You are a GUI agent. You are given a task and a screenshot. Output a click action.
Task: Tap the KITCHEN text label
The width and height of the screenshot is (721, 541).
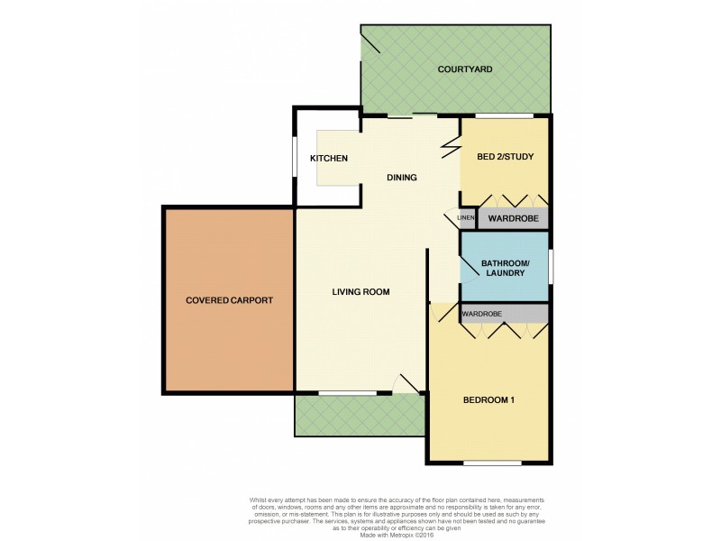(329, 159)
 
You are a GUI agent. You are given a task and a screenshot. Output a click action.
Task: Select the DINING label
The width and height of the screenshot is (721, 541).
(402, 178)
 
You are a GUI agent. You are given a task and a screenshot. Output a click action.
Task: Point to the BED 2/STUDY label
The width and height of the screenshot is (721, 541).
(505, 157)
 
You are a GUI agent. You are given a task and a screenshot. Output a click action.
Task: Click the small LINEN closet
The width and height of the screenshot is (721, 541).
(466, 218)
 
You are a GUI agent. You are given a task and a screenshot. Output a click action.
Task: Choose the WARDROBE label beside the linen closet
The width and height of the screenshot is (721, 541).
(513, 218)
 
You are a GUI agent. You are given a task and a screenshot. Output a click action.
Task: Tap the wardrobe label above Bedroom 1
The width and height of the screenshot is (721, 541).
(481, 314)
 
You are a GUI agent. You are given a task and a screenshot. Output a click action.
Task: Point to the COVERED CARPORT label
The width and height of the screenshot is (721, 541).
(229, 300)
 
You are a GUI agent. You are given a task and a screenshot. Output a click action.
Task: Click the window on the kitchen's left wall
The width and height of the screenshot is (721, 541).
(296, 159)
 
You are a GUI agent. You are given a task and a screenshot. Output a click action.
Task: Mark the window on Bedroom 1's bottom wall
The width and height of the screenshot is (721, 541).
(492, 463)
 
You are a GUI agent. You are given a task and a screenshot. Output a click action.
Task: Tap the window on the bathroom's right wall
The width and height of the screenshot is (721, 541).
(551, 268)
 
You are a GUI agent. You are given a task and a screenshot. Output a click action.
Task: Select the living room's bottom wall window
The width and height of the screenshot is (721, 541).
(348, 393)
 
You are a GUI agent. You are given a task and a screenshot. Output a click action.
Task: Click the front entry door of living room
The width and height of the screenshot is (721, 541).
(407, 386)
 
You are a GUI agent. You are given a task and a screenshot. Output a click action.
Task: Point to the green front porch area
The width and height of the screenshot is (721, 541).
(359, 417)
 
